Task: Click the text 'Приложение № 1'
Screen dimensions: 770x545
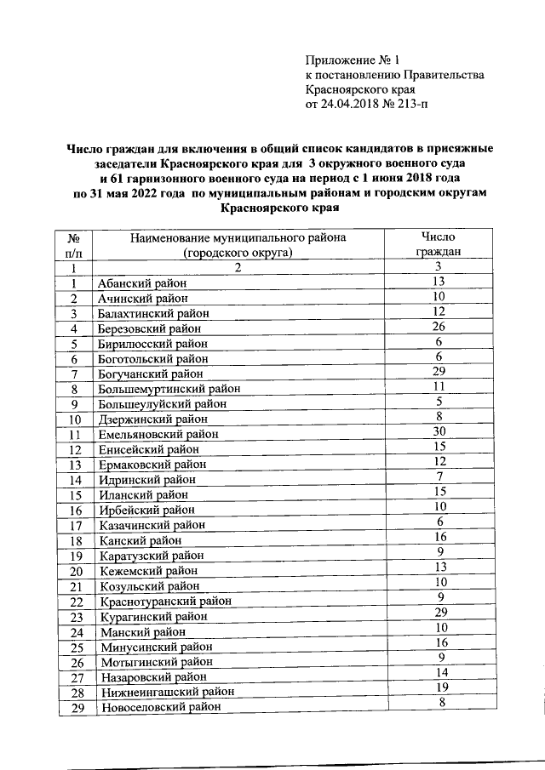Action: pyautogui.click(x=352, y=60)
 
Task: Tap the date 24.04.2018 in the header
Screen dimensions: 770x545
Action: pyautogui.click(x=345, y=106)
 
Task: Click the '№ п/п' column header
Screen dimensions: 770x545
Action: pyautogui.click(x=74, y=246)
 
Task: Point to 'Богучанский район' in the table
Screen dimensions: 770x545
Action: pyautogui.click(x=151, y=374)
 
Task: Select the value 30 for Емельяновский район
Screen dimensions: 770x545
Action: pyautogui.click(x=439, y=431)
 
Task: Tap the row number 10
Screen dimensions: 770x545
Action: pyautogui.click(x=75, y=419)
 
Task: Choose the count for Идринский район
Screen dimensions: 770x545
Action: pyautogui.click(x=439, y=476)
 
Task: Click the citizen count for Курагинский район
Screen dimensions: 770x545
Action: pyautogui.click(x=439, y=613)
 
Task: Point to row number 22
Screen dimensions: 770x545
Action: pyautogui.click(x=75, y=602)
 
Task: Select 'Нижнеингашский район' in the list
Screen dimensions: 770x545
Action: pyautogui.click(x=166, y=693)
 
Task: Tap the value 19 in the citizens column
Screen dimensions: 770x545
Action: pyautogui.click(x=439, y=687)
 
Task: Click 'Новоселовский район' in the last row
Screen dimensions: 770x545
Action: pyautogui.click(x=160, y=708)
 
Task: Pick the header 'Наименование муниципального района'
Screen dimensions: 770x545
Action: pyautogui.click(x=238, y=238)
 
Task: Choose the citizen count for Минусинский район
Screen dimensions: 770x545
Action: pyautogui.click(x=439, y=642)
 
